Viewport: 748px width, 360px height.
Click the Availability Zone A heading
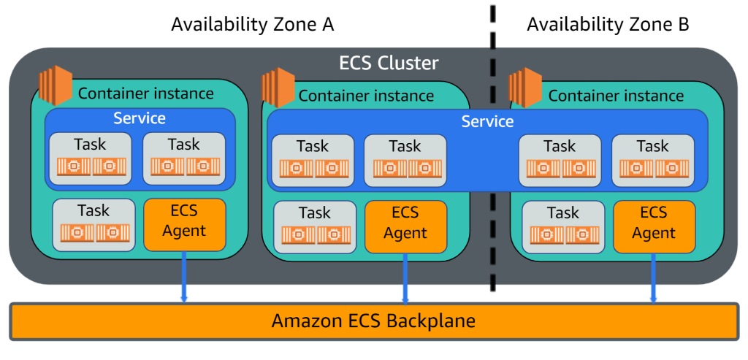point(252,24)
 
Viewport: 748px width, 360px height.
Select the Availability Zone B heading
point(607,24)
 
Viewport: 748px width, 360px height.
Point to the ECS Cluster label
point(389,63)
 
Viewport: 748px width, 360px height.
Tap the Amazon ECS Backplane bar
point(373,321)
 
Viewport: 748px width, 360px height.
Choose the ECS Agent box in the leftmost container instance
point(185,221)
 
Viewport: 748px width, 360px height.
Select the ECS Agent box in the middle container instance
point(405,223)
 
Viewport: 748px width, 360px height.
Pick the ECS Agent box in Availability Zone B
point(654,223)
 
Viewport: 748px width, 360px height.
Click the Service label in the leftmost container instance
point(140,118)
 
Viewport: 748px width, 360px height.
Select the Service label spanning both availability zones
point(487,121)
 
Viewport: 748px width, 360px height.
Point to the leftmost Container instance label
point(146,93)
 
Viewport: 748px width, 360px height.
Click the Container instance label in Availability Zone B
point(616,96)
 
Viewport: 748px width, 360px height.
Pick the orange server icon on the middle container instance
point(278,86)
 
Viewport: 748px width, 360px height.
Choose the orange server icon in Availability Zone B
point(525,86)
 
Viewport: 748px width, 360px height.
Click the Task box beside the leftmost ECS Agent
point(94,221)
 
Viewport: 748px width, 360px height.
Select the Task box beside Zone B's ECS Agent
point(563,223)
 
